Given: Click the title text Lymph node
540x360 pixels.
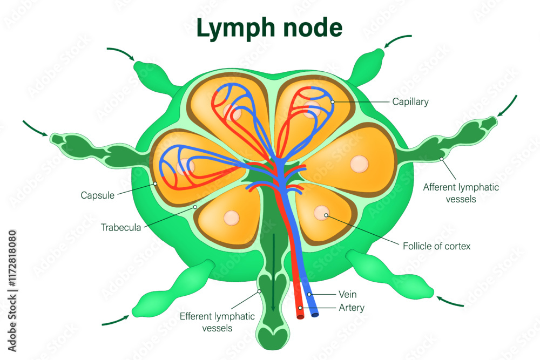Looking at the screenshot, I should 269,28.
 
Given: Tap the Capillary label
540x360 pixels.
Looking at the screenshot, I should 410,101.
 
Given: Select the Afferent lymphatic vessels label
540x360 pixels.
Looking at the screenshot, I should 461,193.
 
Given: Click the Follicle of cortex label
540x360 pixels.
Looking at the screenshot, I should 436,246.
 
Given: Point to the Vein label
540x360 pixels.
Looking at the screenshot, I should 347,295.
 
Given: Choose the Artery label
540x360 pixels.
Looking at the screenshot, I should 351,308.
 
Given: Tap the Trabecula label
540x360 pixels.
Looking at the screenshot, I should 120,227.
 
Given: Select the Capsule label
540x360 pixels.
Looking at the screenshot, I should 97,195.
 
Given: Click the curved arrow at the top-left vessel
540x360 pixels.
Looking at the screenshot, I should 121,53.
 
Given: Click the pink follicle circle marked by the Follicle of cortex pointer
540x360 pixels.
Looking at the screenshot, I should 322,213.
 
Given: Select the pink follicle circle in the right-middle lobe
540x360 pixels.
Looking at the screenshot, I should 359,163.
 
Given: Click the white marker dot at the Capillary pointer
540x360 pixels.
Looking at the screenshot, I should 333,101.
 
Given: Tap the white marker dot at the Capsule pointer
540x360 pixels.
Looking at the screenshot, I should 155,184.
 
